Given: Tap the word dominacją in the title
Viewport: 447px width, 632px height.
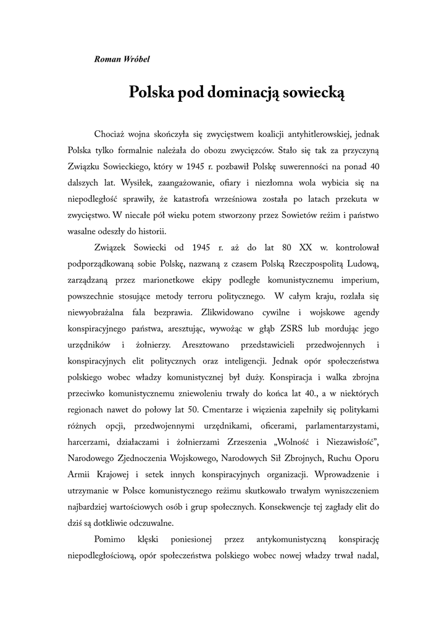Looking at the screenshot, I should tap(246, 93).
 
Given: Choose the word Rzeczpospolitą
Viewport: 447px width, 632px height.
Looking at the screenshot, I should tap(303, 265).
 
